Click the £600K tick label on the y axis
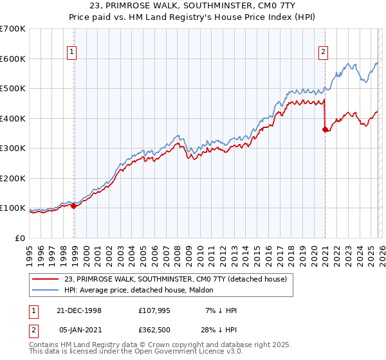click(x=13, y=59)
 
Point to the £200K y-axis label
click(x=13, y=178)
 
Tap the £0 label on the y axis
click(x=19, y=239)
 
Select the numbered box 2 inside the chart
click(x=322, y=53)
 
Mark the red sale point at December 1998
click(x=74, y=206)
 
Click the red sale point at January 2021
click(x=325, y=130)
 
